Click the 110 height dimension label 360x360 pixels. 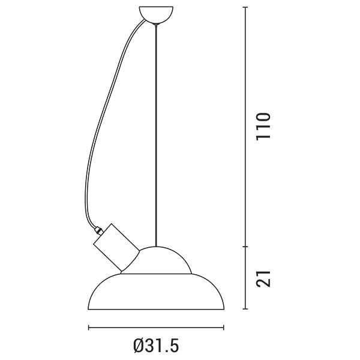coord(263,126)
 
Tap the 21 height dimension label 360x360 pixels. coord(263,279)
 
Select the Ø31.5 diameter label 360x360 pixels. coord(156,346)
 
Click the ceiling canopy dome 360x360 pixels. coord(156,14)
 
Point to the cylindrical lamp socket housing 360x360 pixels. coord(116,247)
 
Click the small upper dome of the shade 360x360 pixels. coord(156,260)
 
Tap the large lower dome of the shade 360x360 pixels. coord(156,292)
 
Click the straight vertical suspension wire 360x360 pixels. coord(156,136)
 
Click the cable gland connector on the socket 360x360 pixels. coord(99,230)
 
